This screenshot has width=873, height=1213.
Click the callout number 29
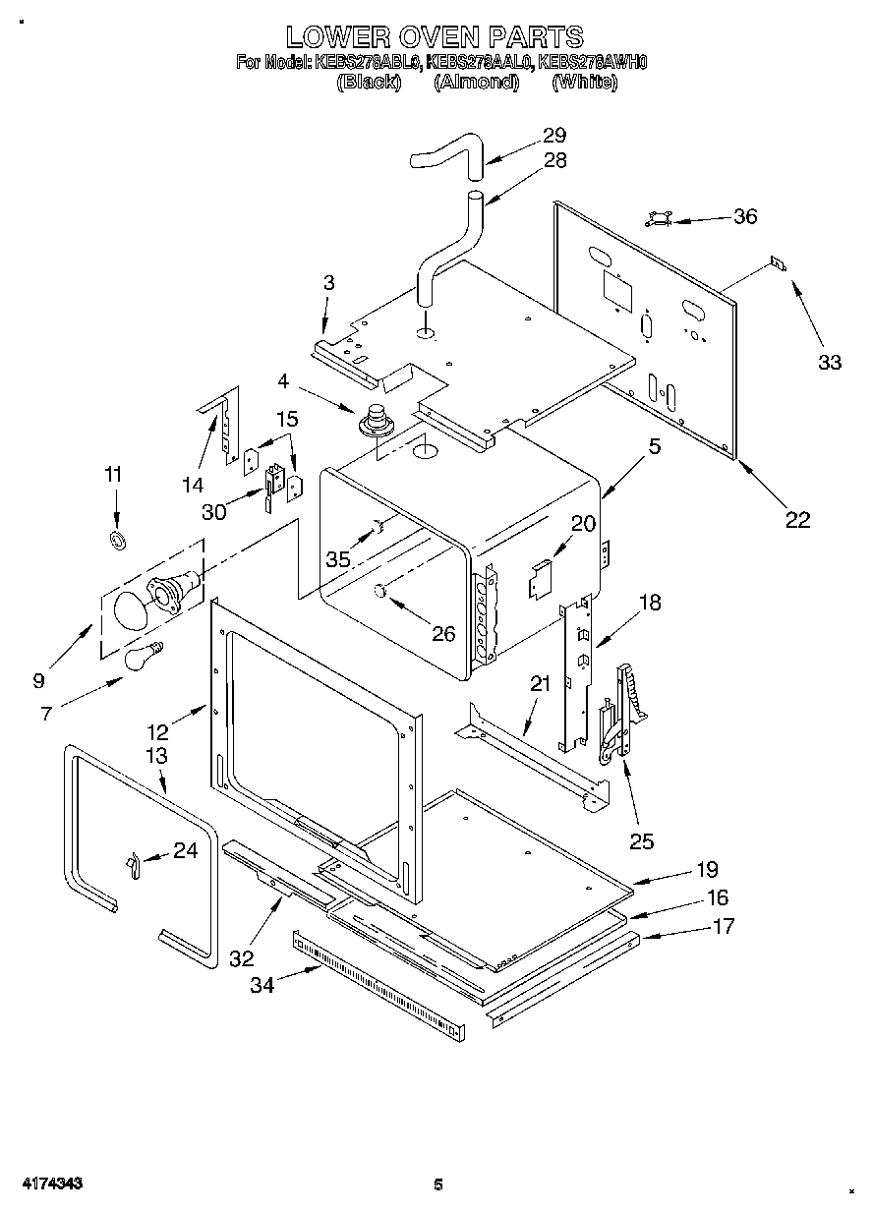point(554,136)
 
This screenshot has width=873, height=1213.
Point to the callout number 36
point(745,216)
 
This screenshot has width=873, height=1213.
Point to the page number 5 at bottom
point(438,1184)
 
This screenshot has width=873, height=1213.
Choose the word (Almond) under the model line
point(476,83)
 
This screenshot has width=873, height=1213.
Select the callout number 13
point(155,756)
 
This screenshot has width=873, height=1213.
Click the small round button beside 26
point(379,590)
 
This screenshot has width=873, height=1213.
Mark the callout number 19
point(706,869)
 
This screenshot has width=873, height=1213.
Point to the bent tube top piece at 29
point(448,156)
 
